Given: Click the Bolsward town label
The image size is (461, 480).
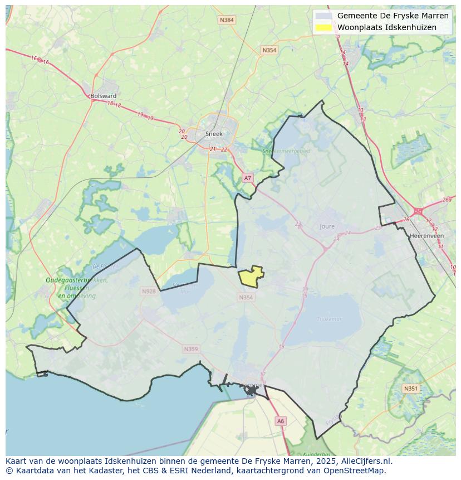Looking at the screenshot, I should (x=104, y=96).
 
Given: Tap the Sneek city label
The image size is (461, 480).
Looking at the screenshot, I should (x=213, y=134).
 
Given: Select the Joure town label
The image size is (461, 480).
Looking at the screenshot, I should (x=327, y=226).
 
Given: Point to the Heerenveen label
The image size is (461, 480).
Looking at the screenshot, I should (x=426, y=236).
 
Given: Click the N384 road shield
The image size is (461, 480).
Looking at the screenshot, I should (x=227, y=20).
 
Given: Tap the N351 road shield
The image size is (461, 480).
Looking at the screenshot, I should (x=410, y=389).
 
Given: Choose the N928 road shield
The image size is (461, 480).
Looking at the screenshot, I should (x=149, y=291).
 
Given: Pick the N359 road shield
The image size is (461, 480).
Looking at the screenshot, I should (x=190, y=349).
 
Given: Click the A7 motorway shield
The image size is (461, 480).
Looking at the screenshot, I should (x=248, y=178).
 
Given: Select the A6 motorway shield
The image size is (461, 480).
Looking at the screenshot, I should (x=281, y=421).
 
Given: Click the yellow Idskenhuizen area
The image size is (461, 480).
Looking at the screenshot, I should (x=251, y=277).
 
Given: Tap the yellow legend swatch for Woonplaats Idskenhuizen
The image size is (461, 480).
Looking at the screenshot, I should (x=323, y=27).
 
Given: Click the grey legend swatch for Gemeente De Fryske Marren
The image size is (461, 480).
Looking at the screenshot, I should (x=323, y=16).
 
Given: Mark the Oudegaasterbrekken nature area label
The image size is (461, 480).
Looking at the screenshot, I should (x=76, y=280).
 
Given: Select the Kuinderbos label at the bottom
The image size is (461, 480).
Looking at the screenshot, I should (x=317, y=454).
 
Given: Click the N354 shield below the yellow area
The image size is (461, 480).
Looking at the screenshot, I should (x=246, y=298).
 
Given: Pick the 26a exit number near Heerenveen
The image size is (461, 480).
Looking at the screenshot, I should (x=447, y=200).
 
